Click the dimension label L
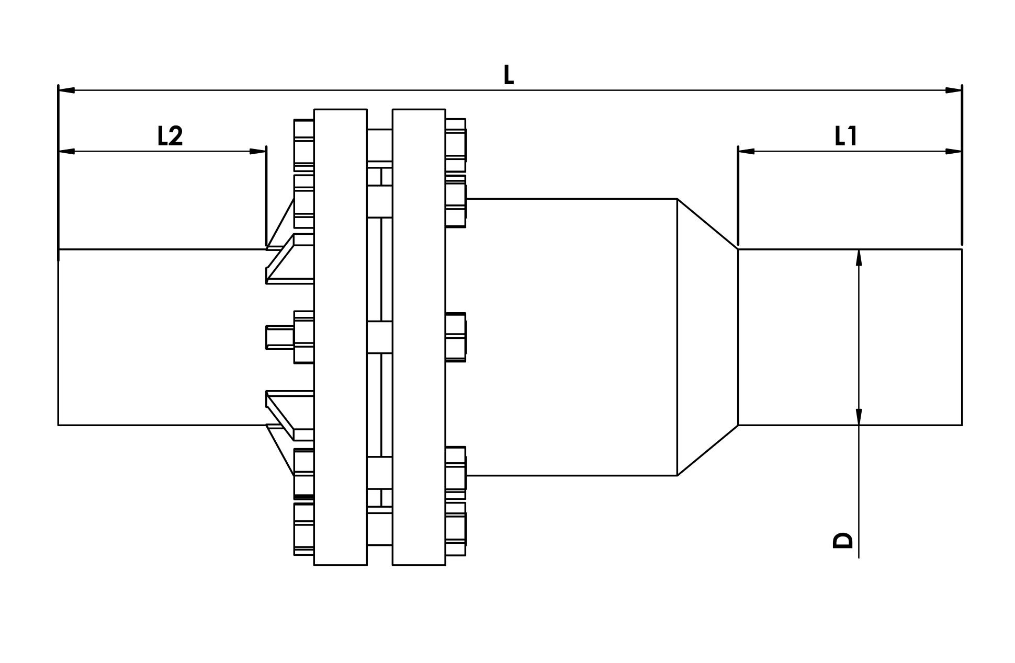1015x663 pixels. (x=509, y=75)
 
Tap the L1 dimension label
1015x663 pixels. (x=845, y=136)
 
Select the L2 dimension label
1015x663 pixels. (x=170, y=136)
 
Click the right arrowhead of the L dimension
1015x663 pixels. (x=953, y=90)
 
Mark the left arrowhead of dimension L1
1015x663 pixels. (x=746, y=152)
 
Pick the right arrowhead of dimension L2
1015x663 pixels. (x=257, y=152)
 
